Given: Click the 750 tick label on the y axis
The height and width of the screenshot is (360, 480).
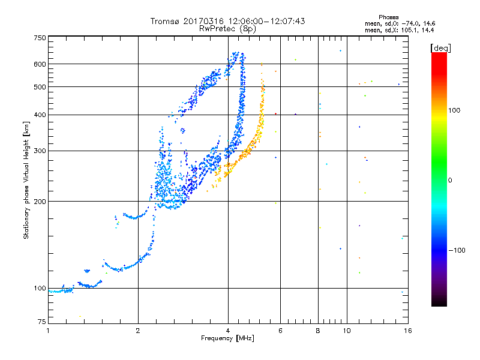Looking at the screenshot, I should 40,38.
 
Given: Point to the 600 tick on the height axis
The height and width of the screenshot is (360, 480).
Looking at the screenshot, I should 40,64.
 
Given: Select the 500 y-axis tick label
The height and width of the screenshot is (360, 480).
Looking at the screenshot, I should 40,87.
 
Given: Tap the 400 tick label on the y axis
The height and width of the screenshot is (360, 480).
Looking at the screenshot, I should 40,115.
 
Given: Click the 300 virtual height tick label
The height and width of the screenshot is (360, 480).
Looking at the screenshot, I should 40,151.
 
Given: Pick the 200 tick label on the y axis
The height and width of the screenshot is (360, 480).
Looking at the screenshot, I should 40,202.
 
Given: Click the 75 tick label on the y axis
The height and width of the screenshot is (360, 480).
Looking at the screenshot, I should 41,322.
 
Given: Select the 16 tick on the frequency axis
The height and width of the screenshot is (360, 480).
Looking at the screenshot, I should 407,331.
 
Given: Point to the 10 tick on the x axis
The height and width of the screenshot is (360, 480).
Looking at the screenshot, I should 346,331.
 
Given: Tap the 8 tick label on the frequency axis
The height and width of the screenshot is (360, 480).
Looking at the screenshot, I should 318,331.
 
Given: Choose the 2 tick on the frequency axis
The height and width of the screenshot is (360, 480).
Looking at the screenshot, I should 138,331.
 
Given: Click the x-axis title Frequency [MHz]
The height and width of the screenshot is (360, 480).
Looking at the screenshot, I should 227,339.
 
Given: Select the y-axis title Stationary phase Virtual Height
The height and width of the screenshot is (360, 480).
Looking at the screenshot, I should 26,180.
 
